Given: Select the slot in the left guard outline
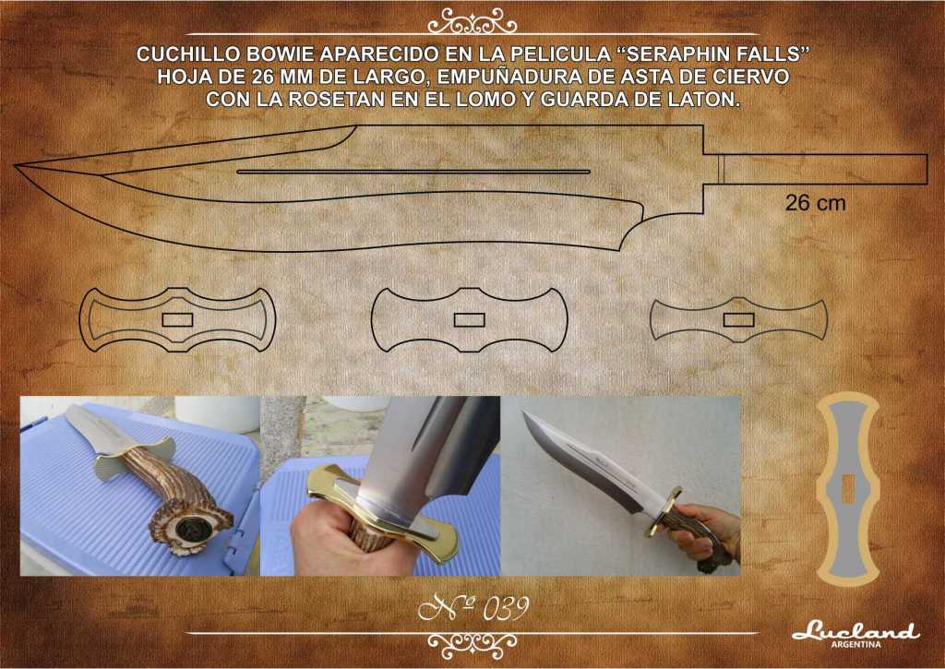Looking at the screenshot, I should [177, 320].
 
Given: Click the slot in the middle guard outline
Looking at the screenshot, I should [469, 319].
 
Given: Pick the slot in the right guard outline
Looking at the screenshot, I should [738, 319].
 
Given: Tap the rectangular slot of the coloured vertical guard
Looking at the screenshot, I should [849, 489].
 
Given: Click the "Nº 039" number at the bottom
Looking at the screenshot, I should [472, 609].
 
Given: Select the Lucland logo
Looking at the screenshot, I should [855, 632].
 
